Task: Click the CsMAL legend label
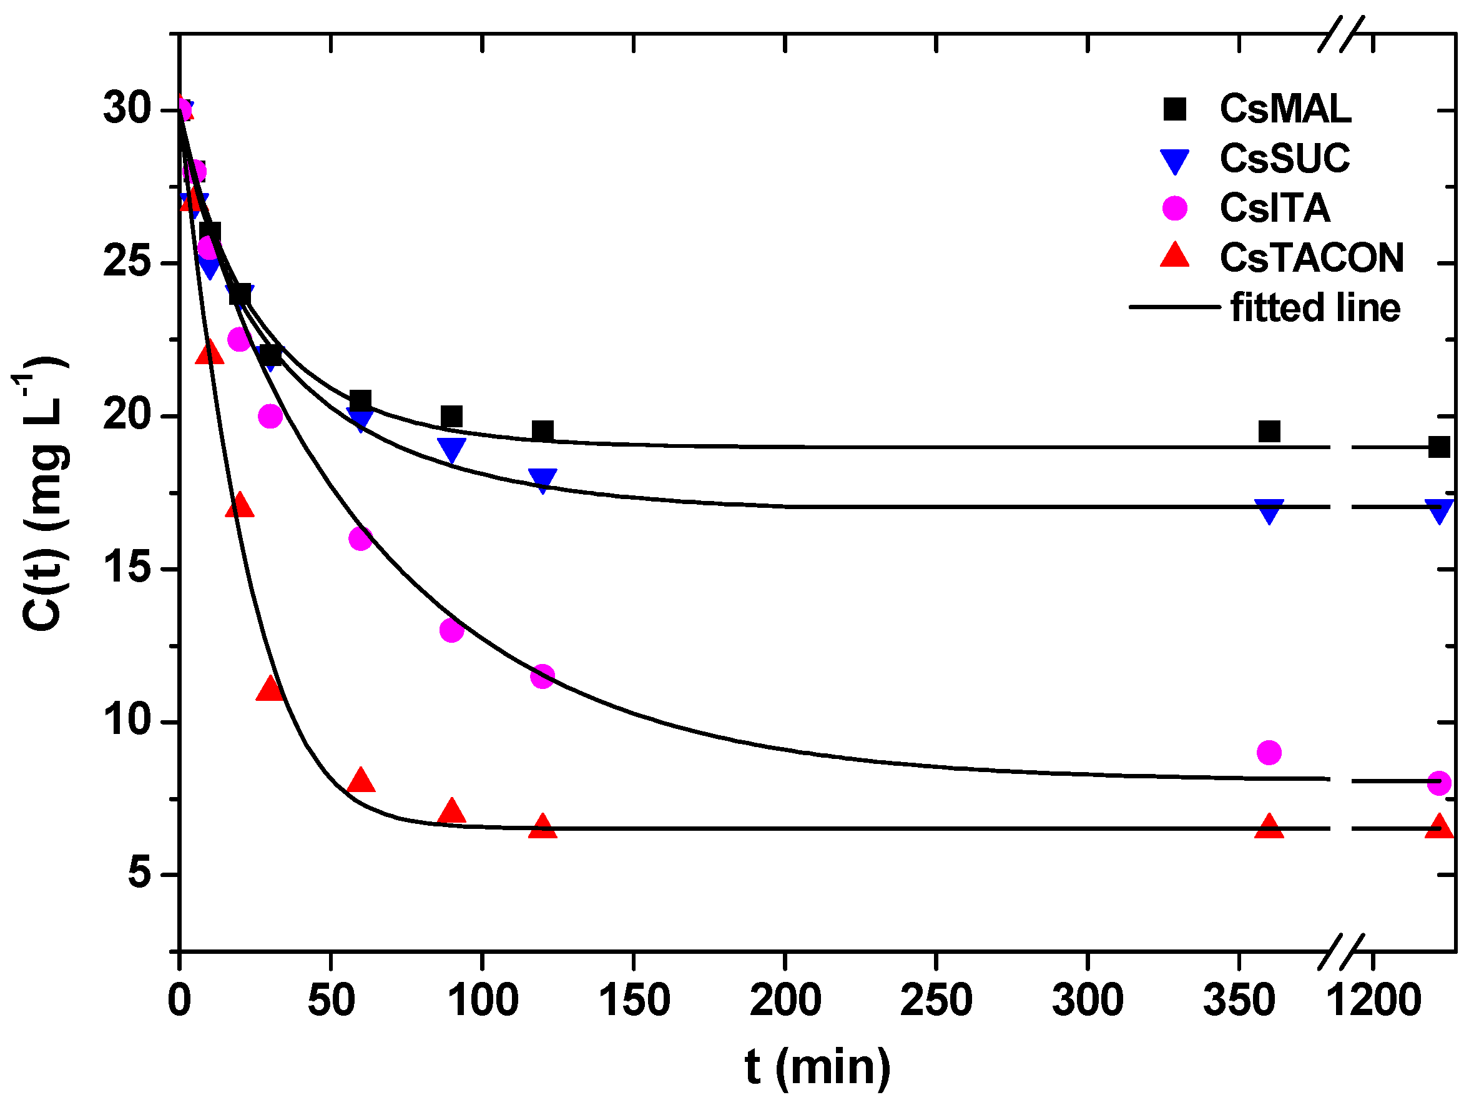coord(1285,109)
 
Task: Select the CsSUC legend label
coord(1284,159)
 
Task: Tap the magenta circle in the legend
coord(1174,208)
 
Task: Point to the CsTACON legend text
coord(1312,258)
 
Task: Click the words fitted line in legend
coord(1315,308)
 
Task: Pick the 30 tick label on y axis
coord(129,109)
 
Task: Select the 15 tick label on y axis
coord(129,568)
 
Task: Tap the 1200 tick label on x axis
coord(1373,1001)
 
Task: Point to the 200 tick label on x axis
coord(785,1001)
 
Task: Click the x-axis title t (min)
coord(817,1068)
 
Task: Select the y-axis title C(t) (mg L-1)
coord(41,493)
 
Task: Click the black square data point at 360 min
coord(1269,432)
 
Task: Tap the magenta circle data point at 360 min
coord(1269,753)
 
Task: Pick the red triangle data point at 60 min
coord(360,780)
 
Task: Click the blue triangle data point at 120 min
coord(543,480)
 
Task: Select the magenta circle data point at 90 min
coord(451,630)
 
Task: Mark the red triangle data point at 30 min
coord(270,688)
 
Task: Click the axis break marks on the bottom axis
coord(1342,951)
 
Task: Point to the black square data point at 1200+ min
coord(1438,447)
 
